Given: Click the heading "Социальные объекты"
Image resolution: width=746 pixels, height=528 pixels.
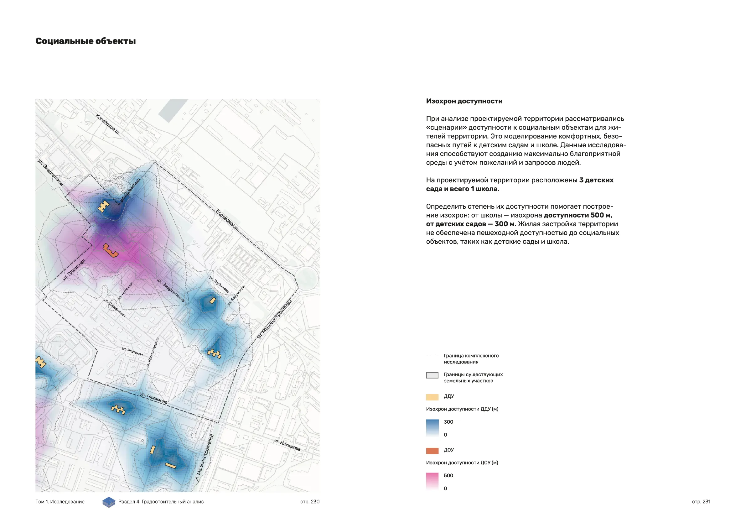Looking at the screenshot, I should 85,41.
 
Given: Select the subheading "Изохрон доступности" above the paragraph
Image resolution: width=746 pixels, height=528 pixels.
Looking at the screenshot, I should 464,101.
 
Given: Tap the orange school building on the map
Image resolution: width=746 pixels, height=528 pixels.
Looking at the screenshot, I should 110,250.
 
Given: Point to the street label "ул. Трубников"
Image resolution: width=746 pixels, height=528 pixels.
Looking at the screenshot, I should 219,284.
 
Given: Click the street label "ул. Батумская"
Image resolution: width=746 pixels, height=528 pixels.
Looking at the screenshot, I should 236,295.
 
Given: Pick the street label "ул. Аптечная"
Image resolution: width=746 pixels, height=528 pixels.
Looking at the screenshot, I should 125,291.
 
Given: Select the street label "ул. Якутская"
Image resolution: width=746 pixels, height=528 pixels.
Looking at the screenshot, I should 132,351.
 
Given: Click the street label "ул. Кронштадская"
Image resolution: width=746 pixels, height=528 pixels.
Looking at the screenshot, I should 153,353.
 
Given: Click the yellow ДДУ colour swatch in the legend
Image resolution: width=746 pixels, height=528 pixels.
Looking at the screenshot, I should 432,397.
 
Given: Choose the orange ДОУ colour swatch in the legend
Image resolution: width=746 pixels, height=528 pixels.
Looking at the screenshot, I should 432,451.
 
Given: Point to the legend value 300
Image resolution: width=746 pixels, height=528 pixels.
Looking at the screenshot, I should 448,422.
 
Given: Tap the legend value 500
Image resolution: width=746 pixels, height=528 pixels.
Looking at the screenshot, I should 448,476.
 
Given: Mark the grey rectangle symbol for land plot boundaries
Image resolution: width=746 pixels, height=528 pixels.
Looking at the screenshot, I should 432,375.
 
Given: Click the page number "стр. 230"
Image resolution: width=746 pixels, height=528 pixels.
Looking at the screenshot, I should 310,502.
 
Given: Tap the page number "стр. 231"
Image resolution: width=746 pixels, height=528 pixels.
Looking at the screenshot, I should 701,502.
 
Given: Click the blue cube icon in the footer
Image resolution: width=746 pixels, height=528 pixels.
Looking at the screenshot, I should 109,502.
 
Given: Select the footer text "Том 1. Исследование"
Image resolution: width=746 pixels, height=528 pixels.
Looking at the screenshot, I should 60,502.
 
